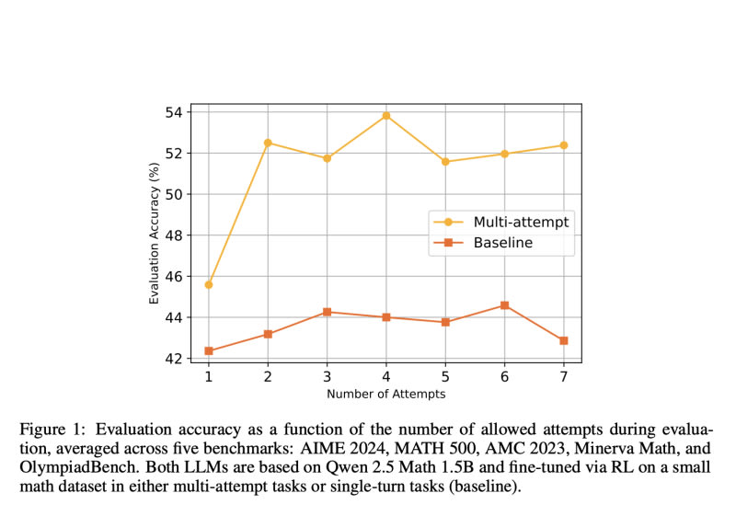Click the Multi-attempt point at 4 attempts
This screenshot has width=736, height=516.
tap(386, 116)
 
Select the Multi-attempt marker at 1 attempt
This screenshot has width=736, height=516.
tap(209, 284)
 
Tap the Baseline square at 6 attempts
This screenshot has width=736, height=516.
tap(504, 305)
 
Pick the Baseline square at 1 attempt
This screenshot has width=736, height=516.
tap(209, 350)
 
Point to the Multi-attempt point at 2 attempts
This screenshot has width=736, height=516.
tap(268, 143)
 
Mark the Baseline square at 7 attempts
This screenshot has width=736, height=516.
tap(563, 340)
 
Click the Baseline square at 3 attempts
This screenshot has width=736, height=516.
tap(327, 312)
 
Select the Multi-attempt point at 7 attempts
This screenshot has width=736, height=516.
tap(563, 145)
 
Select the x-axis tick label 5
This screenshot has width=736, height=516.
tap(445, 376)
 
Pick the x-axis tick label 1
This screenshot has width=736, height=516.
tap(209, 376)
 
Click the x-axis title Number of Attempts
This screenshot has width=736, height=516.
tap(386, 394)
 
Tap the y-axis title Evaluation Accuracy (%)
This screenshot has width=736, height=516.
tap(155, 234)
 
